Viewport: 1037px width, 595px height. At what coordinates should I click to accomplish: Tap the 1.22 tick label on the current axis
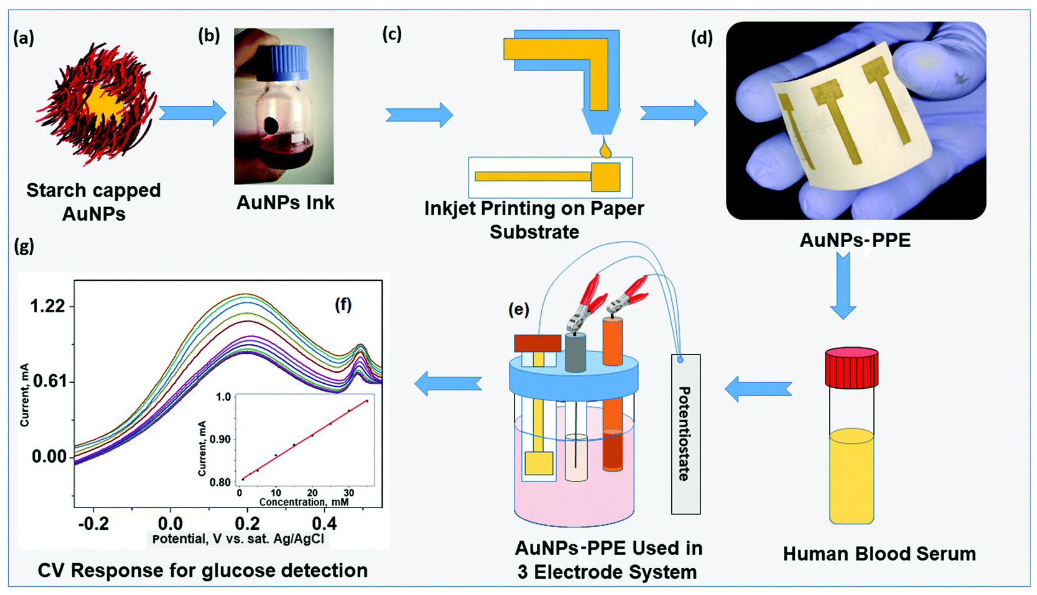pos(48,306)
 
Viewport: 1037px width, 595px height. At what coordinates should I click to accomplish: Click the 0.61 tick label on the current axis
pos(48,382)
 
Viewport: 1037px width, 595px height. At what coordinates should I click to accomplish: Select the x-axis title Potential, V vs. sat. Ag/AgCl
pos(238,539)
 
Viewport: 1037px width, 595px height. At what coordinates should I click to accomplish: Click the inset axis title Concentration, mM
pos(304,502)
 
